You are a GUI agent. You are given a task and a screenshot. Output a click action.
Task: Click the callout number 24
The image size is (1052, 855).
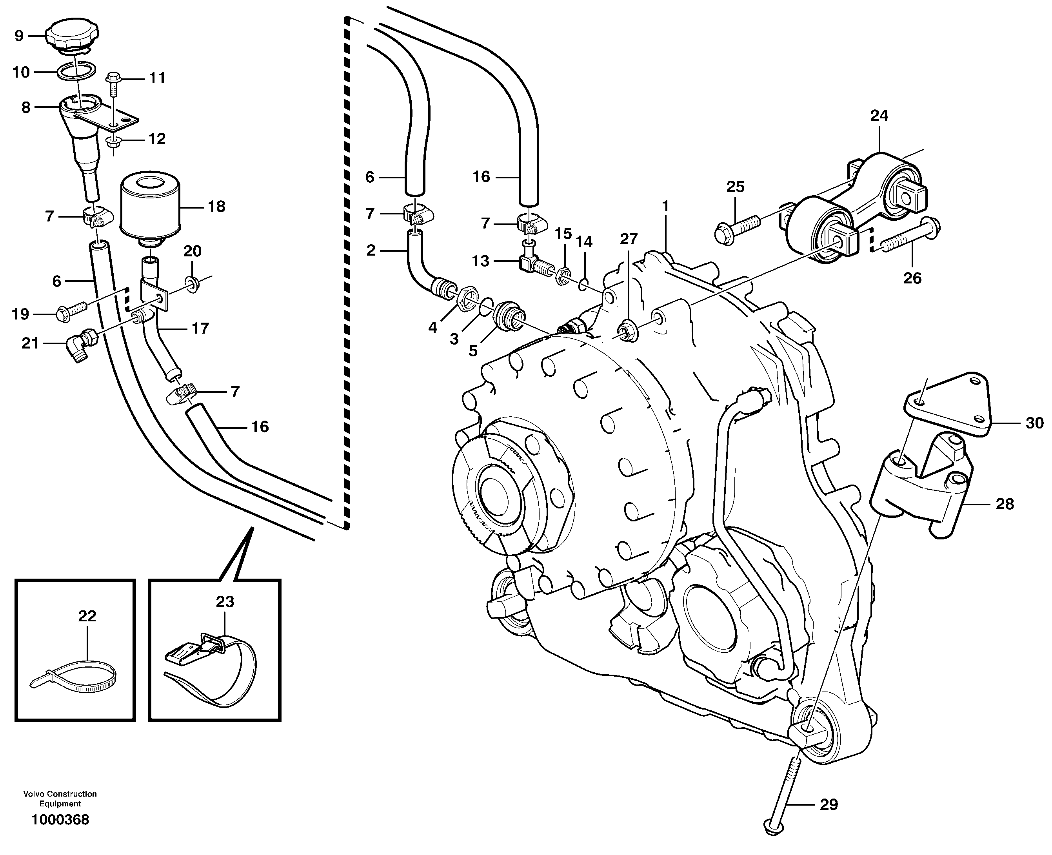point(879,116)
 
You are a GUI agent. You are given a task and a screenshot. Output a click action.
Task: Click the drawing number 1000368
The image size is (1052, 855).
point(60,820)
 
